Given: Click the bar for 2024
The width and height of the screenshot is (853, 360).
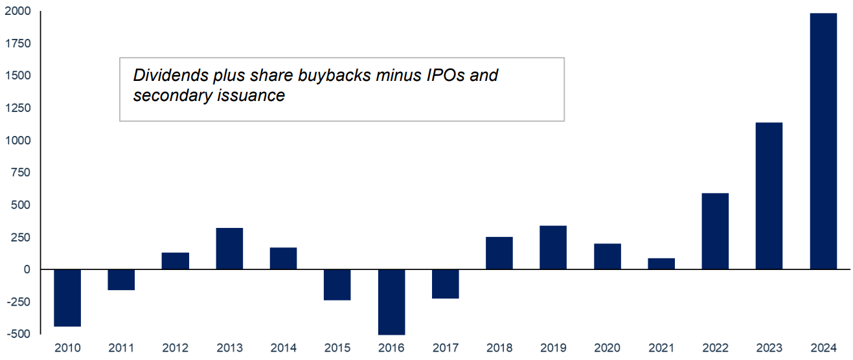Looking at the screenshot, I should click(x=823, y=141).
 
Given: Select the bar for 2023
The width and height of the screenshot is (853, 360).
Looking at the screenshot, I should click(x=769, y=196).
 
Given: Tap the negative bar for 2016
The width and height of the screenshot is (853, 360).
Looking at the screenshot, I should click(x=391, y=302).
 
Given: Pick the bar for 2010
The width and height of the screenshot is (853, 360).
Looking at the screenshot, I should click(x=67, y=298).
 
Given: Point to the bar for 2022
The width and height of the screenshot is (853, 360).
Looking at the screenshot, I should click(x=715, y=231).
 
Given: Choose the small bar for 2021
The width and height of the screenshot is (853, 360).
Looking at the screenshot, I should click(x=661, y=264).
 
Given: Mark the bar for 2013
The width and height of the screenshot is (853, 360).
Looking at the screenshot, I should click(x=229, y=249).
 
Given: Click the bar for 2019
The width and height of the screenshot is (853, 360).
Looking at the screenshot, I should click(x=553, y=247).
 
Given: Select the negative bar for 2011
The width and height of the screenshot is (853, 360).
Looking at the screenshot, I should click(x=121, y=280).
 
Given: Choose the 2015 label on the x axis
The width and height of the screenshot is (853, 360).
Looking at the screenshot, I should click(x=337, y=348).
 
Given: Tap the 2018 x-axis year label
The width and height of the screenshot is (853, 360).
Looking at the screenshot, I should click(x=499, y=348).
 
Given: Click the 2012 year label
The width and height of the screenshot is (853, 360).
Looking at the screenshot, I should click(x=176, y=348).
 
